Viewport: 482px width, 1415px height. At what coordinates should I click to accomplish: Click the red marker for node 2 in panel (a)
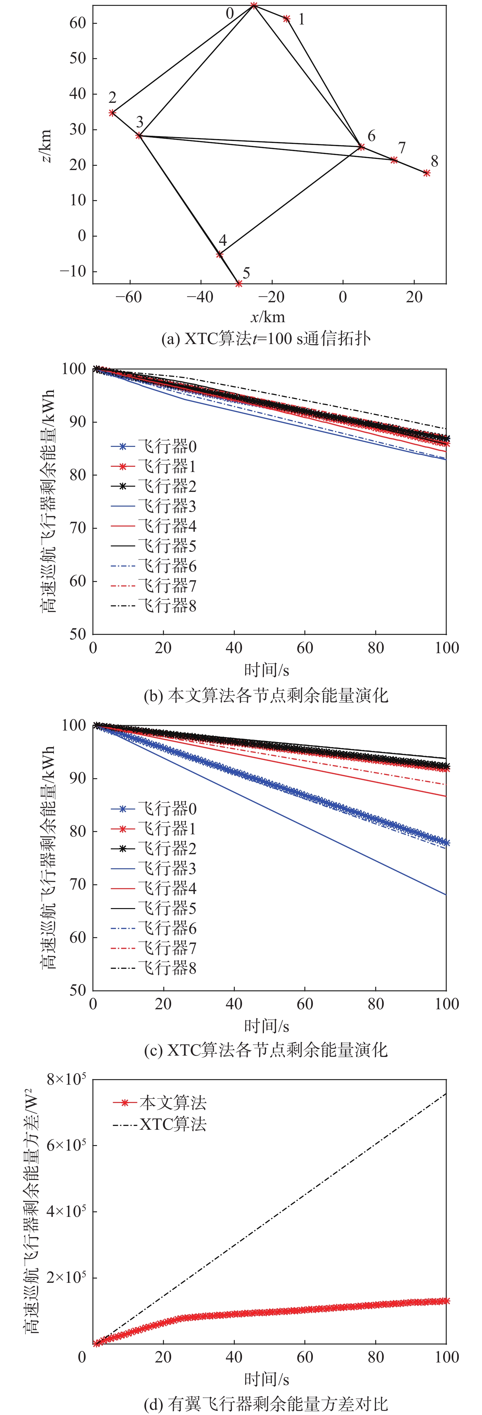112,113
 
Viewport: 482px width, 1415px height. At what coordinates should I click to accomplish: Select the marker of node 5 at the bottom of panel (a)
238,283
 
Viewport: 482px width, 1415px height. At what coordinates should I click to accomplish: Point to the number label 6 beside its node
372,136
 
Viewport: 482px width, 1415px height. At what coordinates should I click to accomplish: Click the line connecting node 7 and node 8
410,166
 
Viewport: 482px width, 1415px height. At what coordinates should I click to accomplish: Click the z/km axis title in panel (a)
46,146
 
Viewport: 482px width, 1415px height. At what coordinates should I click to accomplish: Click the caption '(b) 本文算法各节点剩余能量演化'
266,695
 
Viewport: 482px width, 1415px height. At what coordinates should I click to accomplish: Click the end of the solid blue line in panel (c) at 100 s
445,894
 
